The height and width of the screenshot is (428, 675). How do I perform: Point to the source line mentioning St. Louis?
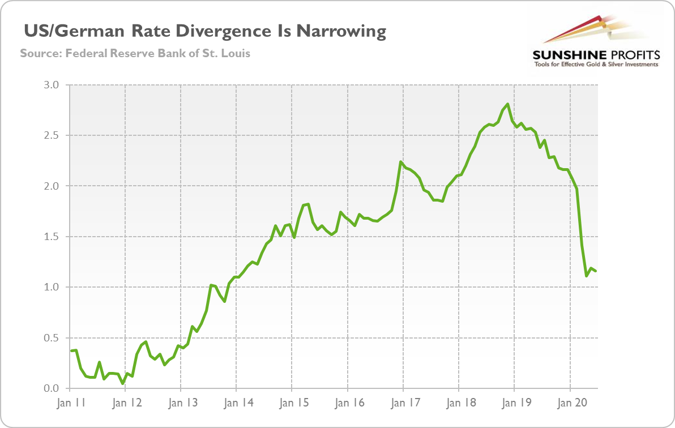click(135, 54)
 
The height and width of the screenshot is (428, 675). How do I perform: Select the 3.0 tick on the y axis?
click(52, 85)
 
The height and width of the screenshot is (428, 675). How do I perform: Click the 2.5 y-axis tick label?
click(52, 135)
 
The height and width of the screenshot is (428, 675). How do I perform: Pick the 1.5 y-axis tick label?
click(52, 237)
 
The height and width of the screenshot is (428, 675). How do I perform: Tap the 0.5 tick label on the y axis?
click(52, 338)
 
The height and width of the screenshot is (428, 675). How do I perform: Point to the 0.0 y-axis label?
click(52, 388)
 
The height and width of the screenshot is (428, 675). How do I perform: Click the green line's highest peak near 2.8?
click(508, 104)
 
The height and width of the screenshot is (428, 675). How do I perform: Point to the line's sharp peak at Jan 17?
click(401, 162)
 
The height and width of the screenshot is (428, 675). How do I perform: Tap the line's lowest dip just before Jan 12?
click(123, 383)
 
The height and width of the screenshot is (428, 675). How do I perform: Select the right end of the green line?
click(596, 271)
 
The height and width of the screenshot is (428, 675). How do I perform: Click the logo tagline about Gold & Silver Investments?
click(596, 65)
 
